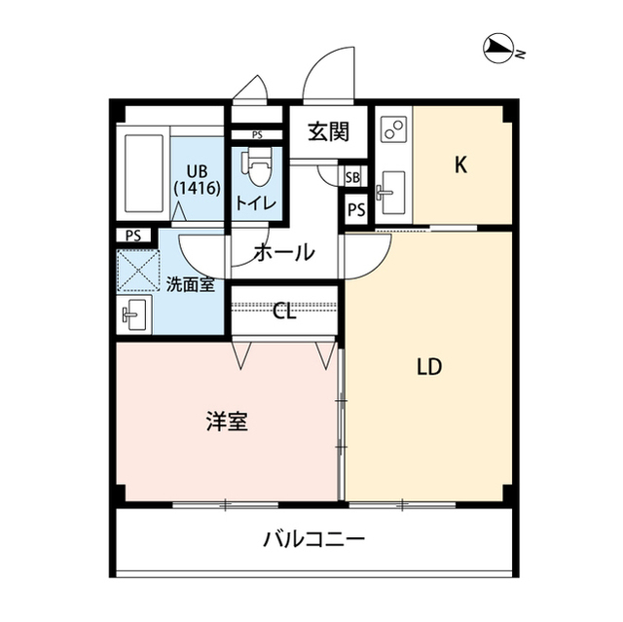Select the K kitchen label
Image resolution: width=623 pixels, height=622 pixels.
pos(461,165)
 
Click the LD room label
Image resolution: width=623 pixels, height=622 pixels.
pos(429,367)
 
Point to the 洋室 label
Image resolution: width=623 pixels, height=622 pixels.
pos(226,421)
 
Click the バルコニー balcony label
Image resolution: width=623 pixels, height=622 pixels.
pos(313,538)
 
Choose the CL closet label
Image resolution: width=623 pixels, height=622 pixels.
pos(283,311)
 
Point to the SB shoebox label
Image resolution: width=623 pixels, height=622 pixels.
pos(353,177)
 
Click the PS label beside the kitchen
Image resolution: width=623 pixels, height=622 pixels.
pos(355,209)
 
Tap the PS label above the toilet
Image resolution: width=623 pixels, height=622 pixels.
pos(257,135)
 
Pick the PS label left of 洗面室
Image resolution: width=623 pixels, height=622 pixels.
pos(132,235)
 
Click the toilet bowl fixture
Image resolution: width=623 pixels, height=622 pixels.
pos(258,166)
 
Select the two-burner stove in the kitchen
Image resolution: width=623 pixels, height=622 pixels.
pos(393,128)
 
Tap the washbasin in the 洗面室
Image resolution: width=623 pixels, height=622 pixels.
pos(133,314)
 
